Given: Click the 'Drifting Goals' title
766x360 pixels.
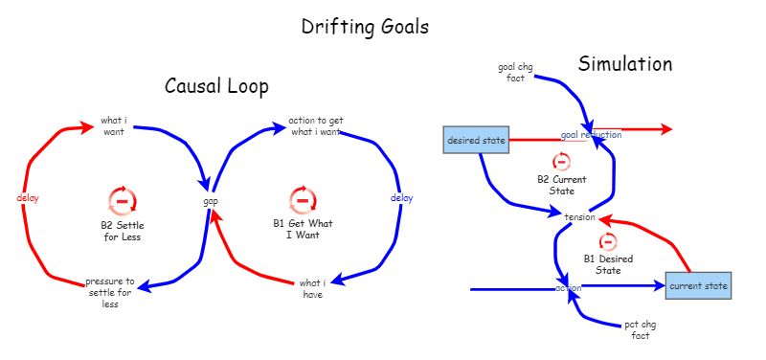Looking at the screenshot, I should tap(365, 27).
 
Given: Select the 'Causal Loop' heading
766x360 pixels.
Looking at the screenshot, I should tap(216, 86).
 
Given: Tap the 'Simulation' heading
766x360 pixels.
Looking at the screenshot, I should tap(624, 64).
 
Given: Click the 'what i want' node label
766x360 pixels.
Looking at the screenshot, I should tap(114, 126).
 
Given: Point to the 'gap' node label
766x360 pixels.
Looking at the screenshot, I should tap(211, 201).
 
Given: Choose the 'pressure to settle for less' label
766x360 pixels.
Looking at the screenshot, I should tap(110, 293).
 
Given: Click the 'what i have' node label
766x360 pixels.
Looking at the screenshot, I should tap(312, 288).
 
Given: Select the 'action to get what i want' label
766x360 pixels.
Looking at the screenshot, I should tap(315, 126).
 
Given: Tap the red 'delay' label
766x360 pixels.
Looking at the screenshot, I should tap(27, 197).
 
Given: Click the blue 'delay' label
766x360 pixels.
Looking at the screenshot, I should tap(402, 198).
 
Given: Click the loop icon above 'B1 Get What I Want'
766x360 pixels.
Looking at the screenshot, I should tap(303, 200).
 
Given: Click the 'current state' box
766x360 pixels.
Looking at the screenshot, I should tap(699, 285).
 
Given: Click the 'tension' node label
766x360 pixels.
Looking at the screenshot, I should tap(581, 217).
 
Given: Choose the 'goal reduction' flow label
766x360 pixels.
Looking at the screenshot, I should tap(591, 135).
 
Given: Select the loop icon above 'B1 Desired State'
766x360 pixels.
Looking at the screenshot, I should tap(608, 241).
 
